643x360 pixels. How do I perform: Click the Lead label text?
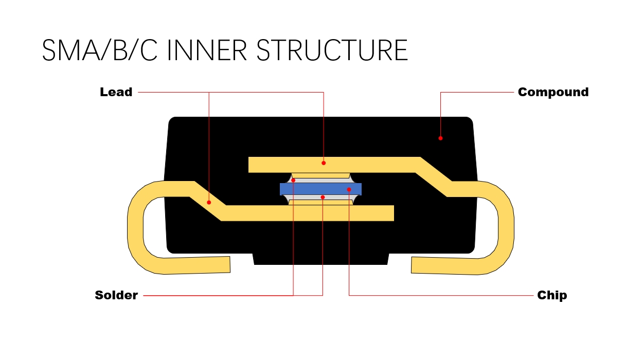[116, 93]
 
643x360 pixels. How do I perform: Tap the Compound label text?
[553, 93]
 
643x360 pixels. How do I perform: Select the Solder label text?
[116, 295]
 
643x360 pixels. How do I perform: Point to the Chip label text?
[552, 295]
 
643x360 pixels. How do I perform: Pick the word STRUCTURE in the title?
[332, 50]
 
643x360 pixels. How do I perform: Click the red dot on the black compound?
[440, 138]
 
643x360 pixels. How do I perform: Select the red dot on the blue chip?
[349, 190]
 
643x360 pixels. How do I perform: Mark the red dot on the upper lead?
[324, 163]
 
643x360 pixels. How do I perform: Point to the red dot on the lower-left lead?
[209, 202]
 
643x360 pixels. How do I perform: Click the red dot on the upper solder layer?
[293, 180]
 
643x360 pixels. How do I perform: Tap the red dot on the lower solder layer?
[323, 197]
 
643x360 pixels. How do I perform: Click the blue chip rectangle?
[314, 189]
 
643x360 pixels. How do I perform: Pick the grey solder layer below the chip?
[309, 197]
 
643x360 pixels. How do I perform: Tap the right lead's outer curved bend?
[506, 226]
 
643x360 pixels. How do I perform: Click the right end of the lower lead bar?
[388, 213]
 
